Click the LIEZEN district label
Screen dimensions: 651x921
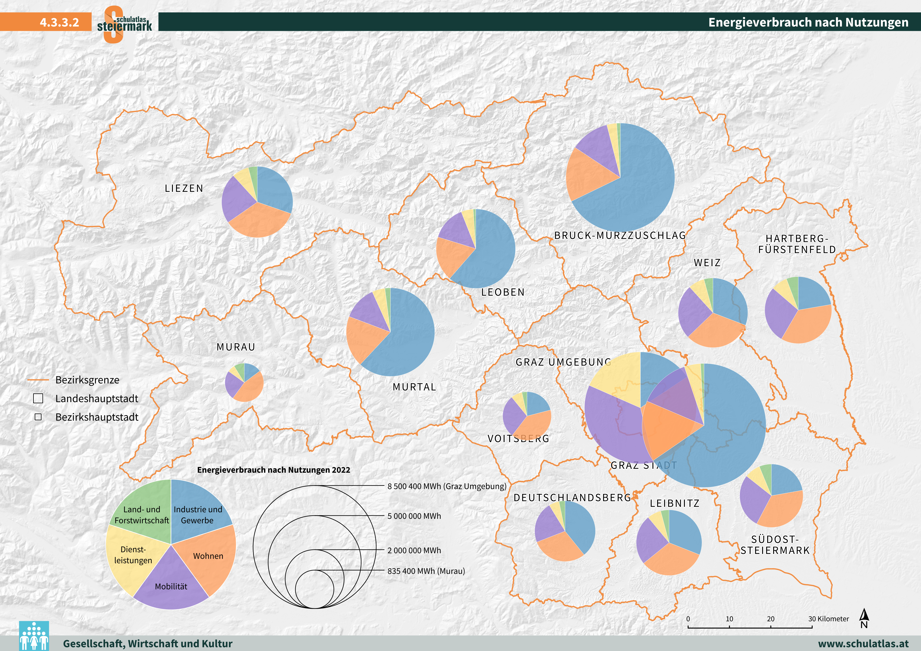184,189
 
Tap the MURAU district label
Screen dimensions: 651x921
236,347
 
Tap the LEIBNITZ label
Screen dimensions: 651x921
675,503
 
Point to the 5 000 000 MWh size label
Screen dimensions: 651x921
414,516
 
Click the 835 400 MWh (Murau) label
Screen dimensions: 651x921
426,571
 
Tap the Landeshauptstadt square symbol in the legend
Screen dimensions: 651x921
38,398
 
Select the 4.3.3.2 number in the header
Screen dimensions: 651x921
59,22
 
